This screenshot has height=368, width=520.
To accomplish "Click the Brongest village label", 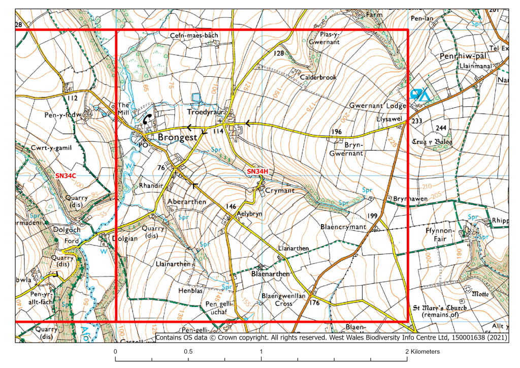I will tap(177, 138).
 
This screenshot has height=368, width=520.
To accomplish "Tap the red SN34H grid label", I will tap(257, 172).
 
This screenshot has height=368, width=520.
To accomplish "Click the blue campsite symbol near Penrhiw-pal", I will tap(419, 95).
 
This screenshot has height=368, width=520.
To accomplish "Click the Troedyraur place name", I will tap(205, 112).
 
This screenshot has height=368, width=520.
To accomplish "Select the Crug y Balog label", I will tap(434, 142).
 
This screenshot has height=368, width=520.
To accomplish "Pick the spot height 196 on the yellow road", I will tap(336, 132).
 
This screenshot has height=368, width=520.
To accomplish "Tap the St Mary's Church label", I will tap(439, 308).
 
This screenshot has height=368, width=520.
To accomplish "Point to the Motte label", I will tap(480, 293).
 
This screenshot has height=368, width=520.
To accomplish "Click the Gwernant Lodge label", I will tap(377, 106).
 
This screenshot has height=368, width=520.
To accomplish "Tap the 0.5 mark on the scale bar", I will tap(188, 352).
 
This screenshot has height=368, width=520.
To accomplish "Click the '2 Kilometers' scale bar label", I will tap(423, 352).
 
